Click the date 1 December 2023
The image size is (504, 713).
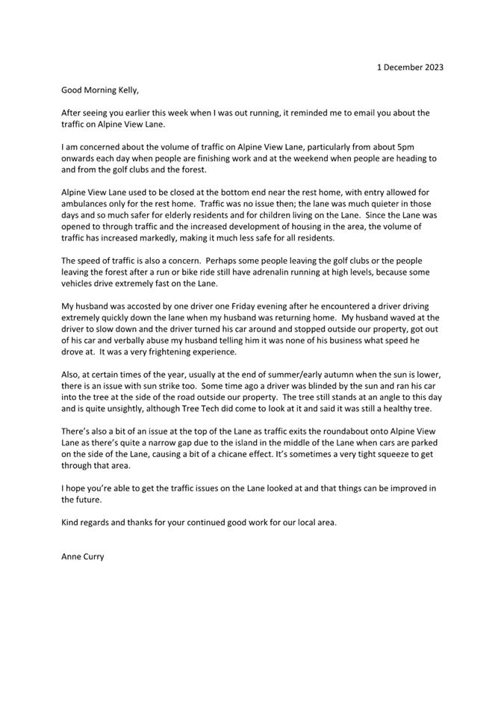(409, 67)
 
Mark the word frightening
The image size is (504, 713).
(187, 352)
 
